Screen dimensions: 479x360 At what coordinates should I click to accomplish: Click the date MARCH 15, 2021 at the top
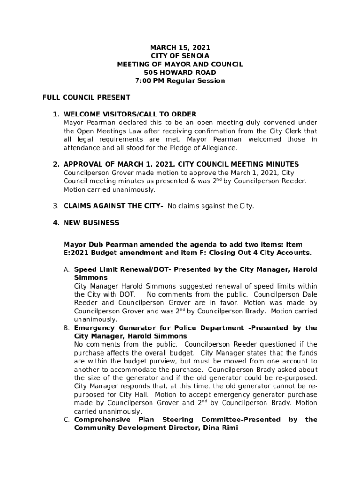[x=180, y=48]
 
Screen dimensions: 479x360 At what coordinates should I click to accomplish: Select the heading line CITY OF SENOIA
[x=180, y=56]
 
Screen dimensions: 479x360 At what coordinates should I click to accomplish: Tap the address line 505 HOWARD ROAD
[x=180, y=73]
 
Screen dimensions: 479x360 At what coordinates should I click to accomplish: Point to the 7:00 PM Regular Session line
[x=180, y=81]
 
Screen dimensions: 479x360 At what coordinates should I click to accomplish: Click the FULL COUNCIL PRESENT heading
[x=86, y=98]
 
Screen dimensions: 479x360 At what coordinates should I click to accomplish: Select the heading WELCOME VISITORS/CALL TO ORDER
[x=130, y=114]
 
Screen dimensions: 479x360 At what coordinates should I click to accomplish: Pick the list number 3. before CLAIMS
[x=55, y=206]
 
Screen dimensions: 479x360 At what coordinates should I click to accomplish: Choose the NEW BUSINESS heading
[x=91, y=223]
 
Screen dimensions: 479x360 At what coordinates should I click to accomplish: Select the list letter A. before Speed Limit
[x=67, y=269]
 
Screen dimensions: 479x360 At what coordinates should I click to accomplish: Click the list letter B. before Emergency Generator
[x=67, y=328]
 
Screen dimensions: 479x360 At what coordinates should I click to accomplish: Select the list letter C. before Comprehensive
[x=67, y=420]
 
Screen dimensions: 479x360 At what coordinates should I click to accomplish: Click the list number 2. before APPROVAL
[x=55, y=164]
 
